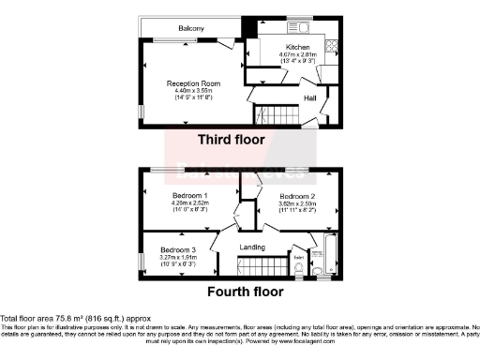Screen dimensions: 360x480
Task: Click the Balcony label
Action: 167,29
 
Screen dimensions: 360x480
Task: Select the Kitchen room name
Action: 298,47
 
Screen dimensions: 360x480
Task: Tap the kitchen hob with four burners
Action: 330,47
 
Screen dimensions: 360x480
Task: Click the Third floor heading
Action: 231,140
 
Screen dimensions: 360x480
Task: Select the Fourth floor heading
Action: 245,292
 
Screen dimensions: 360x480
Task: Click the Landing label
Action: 252,247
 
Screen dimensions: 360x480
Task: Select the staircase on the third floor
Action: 276,117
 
